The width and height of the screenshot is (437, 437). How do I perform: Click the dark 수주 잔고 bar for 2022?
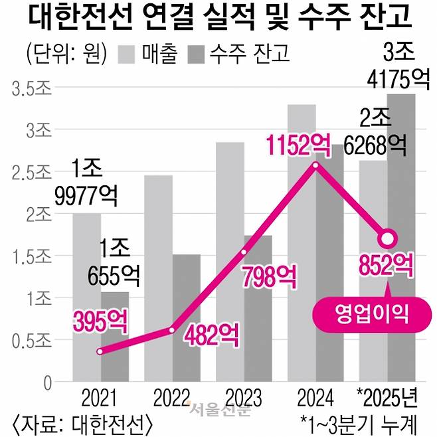187,319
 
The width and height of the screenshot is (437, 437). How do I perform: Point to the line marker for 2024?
315,165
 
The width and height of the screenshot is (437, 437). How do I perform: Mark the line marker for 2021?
100,351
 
